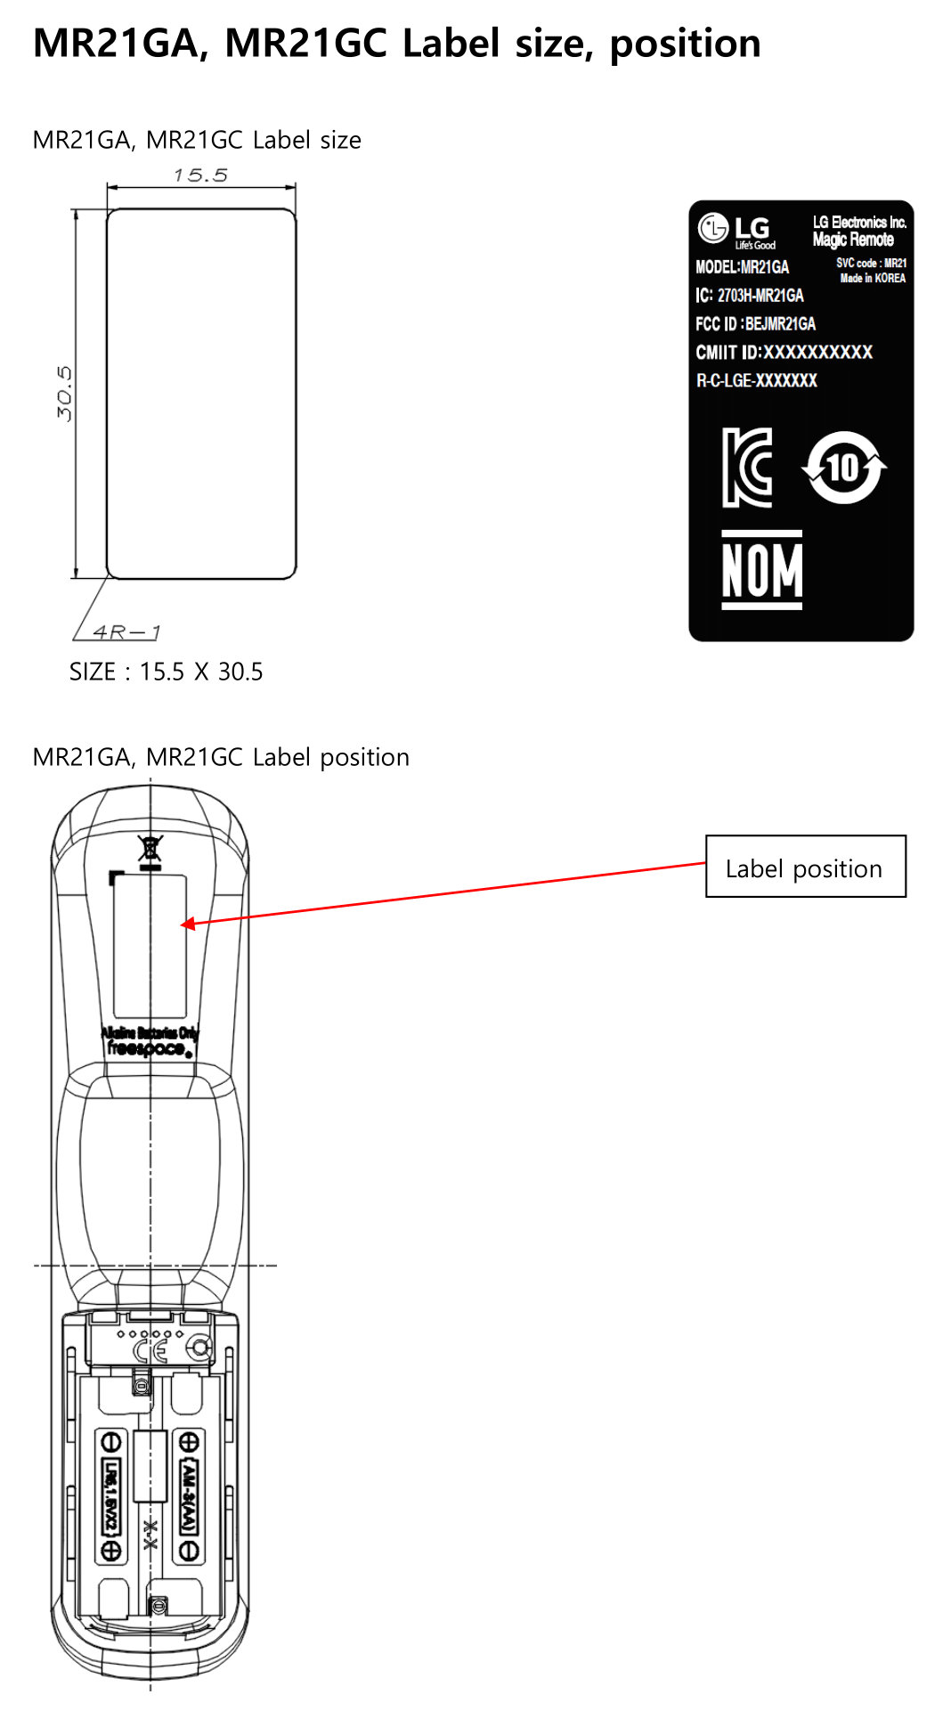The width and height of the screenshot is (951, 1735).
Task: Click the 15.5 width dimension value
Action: (x=200, y=175)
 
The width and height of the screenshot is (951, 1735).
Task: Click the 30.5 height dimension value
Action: (x=64, y=393)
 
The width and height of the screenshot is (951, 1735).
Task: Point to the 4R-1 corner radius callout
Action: (x=127, y=631)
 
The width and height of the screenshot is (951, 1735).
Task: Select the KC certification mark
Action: (x=747, y=468)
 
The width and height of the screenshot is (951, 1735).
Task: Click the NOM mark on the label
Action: (x=761, y=570)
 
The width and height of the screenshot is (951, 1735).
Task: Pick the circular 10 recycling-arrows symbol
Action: (x=843, y=468)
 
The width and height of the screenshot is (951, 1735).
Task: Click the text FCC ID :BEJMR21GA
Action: (x=755, y=323)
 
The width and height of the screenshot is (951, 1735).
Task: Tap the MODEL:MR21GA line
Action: (x=742, y=267)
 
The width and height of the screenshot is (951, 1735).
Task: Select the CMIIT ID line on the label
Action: (x=784, y=352)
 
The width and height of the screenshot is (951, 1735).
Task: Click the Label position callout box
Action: (x=805, y=867)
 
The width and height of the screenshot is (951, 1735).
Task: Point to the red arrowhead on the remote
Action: (x=189, y=924)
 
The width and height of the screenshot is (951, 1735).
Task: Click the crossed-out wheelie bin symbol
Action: (x=150, y=848)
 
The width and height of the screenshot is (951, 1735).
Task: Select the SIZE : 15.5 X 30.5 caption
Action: (x=167, y=672)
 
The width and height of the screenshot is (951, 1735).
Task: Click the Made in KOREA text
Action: (x=873, y=278)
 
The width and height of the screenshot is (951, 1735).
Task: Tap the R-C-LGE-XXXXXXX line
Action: (x=756, y=380)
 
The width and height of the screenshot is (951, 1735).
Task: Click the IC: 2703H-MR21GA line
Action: (x=749, y=295)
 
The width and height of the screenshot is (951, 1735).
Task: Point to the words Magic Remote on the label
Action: (x=853, y=240)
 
